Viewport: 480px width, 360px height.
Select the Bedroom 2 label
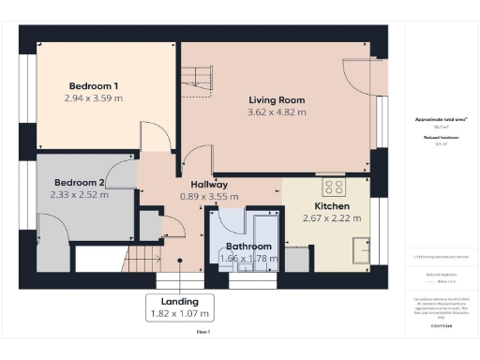tap(80, 182)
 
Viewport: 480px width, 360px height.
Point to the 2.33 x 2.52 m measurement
tap(80, 195)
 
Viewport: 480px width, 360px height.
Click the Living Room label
tap(277, 99)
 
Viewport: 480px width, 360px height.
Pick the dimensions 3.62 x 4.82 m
tap(277, 112)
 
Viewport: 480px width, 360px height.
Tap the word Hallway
tap(203, 185)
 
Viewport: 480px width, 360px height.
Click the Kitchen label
tap(332, 205)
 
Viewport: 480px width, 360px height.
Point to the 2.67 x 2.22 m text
tap(332, 218)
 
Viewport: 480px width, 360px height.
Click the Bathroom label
tap(248, 246)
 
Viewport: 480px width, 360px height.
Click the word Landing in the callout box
tap(179, 301)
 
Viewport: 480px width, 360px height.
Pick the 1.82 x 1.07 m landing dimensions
tap(179, 313)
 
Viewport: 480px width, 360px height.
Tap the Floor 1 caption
tap(202, 333)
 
